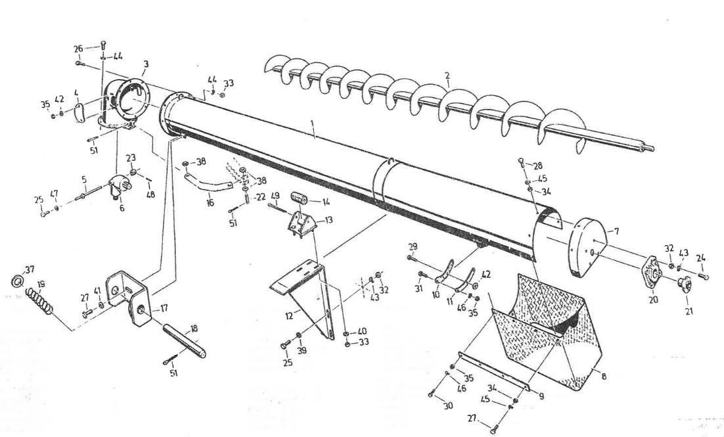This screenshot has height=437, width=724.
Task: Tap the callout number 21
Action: (689, 311)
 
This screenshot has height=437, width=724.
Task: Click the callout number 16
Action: (210, 202)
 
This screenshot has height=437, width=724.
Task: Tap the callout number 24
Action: (701, 258)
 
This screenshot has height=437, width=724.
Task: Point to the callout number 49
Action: (275, 195)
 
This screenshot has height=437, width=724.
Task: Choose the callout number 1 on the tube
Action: (314, 135)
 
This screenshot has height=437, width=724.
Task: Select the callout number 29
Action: (413, 246)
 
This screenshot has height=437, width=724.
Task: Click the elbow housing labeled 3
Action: (125, 99)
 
